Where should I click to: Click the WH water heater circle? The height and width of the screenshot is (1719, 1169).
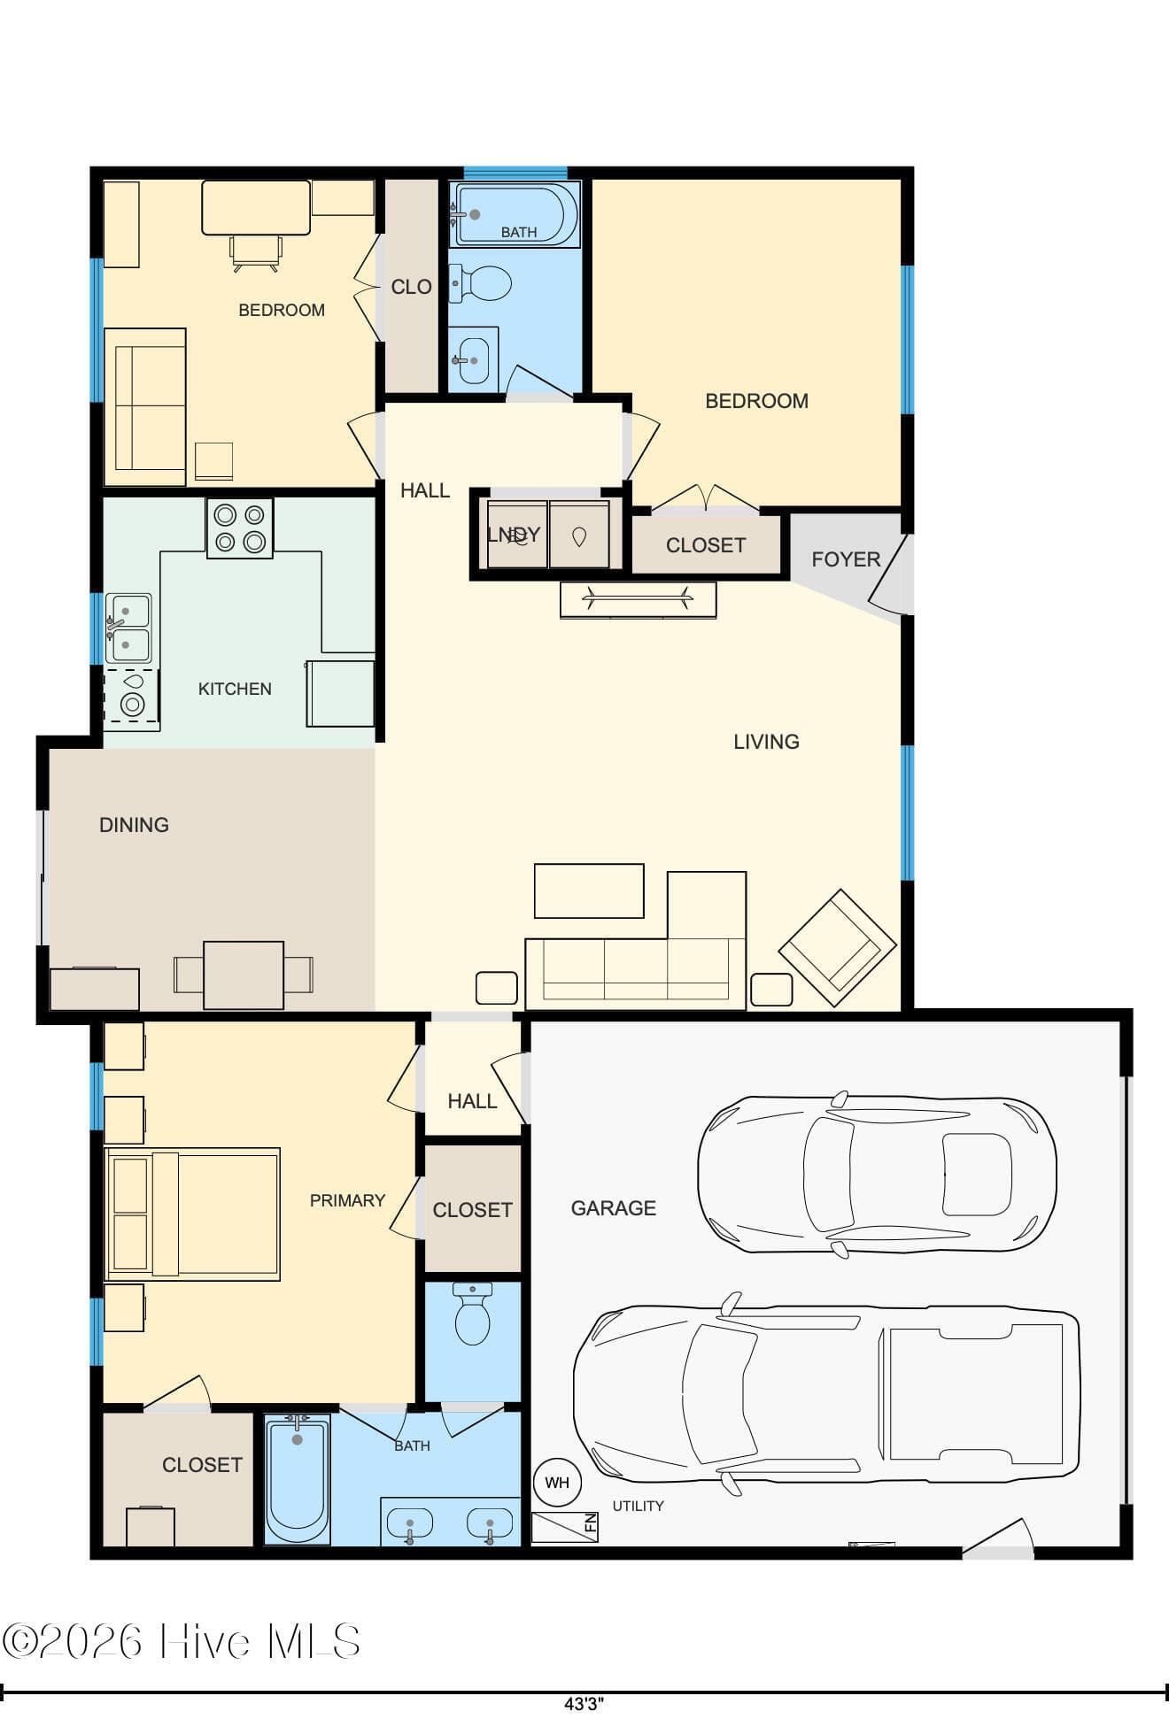coord(557,1483)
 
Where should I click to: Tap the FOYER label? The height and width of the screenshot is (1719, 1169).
coord(846,559)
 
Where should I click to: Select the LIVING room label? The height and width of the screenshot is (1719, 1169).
coord(766,742)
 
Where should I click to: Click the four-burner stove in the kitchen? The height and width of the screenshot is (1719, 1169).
coord(240,528)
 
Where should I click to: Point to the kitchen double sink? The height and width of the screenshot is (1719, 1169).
coord(129,628)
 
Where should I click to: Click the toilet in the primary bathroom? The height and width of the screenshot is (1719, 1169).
coord(472,1314)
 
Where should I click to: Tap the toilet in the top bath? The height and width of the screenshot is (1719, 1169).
coord(480,284)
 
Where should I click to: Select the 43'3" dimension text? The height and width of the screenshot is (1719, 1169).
coord(584,1703)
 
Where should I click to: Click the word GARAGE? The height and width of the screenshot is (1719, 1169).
coord(613,1208)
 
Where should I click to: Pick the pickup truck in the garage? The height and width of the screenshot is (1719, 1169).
coord(826,1393)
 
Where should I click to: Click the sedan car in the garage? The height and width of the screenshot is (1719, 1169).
coord(877,1175)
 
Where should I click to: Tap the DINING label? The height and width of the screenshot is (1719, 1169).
coord(134,825)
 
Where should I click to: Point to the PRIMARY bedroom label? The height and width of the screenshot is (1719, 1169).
coord(347,1200)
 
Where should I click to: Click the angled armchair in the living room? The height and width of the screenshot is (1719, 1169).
coord(837,948)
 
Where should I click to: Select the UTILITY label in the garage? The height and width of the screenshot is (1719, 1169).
coord(638,1506)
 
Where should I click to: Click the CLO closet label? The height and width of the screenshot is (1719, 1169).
coord(411,287)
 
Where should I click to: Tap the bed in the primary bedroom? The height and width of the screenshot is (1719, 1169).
coord(192,1214)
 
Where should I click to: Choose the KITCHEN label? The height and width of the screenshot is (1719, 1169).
coord(235,689)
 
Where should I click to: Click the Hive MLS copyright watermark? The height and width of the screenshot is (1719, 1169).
coord(182,1640)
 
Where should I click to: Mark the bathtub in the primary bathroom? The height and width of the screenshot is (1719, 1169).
coord(298,1478)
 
